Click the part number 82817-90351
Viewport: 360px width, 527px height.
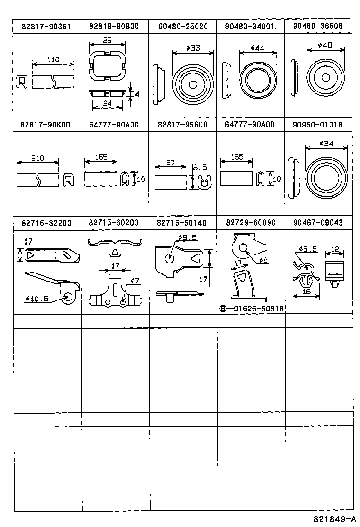click(x=46, y=27)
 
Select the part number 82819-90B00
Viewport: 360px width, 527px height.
click(x=114, y=27)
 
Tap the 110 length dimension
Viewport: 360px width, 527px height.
click(x=53, y=60)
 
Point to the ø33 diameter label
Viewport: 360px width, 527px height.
click(x=193, y=48)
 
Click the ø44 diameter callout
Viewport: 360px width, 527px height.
click(x=259, y=48)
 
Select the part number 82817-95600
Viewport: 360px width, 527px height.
click(x=182, y=125)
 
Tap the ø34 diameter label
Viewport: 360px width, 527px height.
click(x=327, y=144)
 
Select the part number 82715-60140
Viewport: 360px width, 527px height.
click(x=182, y=223)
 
